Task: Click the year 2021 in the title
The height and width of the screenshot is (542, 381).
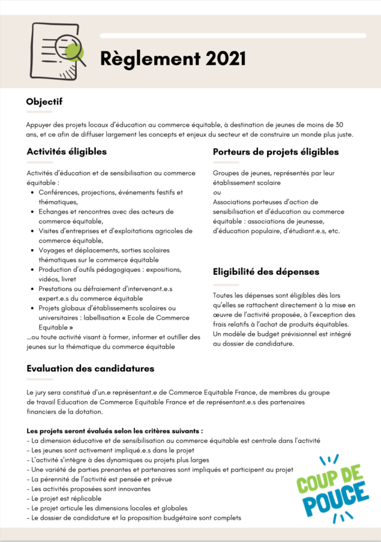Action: coord(223,58)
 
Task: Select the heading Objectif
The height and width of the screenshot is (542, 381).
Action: coord(44,102)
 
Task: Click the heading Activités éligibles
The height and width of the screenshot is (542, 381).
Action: coord(66,152)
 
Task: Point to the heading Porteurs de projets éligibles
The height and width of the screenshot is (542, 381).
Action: coord(275,152)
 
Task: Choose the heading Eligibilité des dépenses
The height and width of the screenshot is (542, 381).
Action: coord(266,271)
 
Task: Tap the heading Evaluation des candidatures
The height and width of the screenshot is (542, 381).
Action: coord(90,368)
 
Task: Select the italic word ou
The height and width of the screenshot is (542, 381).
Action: coord(216,192)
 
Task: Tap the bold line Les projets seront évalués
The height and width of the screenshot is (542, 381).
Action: coord(115,431)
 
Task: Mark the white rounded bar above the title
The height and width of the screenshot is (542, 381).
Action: coord(233,36)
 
